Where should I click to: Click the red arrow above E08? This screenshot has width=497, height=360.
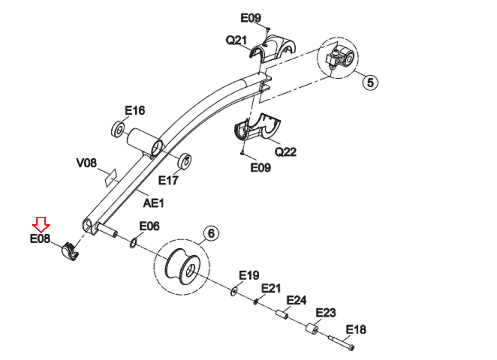click(41, 224)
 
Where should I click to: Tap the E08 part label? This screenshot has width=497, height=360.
click(40, 239)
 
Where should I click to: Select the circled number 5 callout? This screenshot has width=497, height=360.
click(370, 83)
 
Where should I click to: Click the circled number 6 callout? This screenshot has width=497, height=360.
click(211, 233)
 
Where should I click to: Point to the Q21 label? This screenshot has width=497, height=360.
click(236, 40)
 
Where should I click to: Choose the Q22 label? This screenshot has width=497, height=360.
click(285, 152)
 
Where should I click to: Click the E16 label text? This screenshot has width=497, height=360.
click(135, 110)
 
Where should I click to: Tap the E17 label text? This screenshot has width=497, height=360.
click(168, 180)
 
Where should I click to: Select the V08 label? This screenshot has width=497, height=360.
click(87, 163)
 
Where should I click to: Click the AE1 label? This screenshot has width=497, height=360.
click(153, 203)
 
